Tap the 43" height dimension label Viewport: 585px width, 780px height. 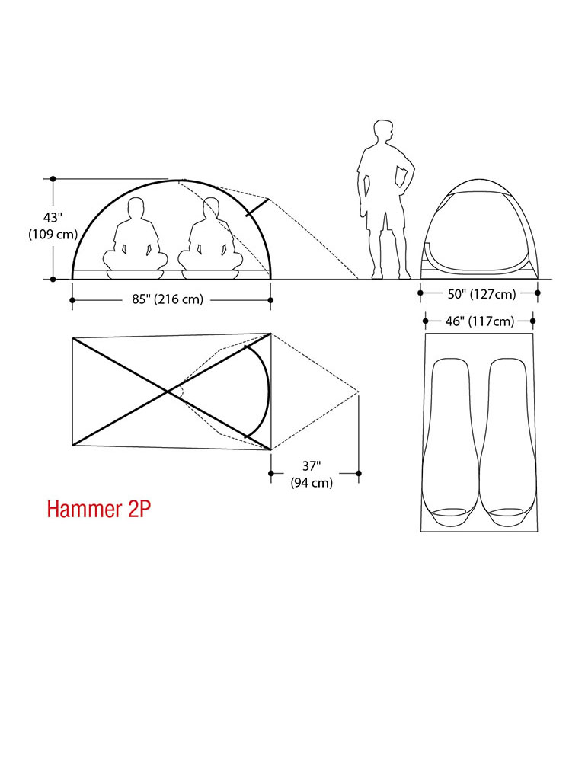click(x=53, y=218)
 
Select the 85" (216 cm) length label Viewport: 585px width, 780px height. click(x=168, y=299)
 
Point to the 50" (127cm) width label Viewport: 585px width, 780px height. click(x=481, y=294)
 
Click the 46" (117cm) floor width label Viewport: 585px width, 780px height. click(x=480, y=321)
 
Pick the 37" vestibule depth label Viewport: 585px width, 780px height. click(x=312, y=466)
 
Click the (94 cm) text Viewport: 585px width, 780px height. click(x=312, y=482)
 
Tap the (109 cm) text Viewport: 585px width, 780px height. click(x=53, y=235)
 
